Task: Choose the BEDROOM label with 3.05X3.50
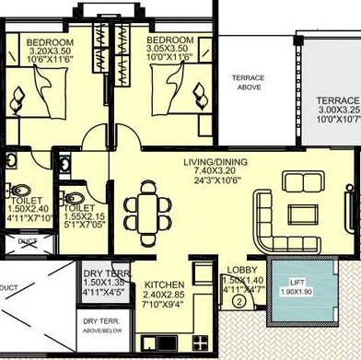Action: [169, 41]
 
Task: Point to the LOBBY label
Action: [241, 270]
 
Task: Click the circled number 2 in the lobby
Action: [238, 299]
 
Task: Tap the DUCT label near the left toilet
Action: [28, 242]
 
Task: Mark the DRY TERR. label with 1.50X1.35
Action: [104, 274]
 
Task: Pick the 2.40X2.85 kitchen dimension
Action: [164, 295]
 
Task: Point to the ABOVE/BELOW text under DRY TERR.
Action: [104, 330]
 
